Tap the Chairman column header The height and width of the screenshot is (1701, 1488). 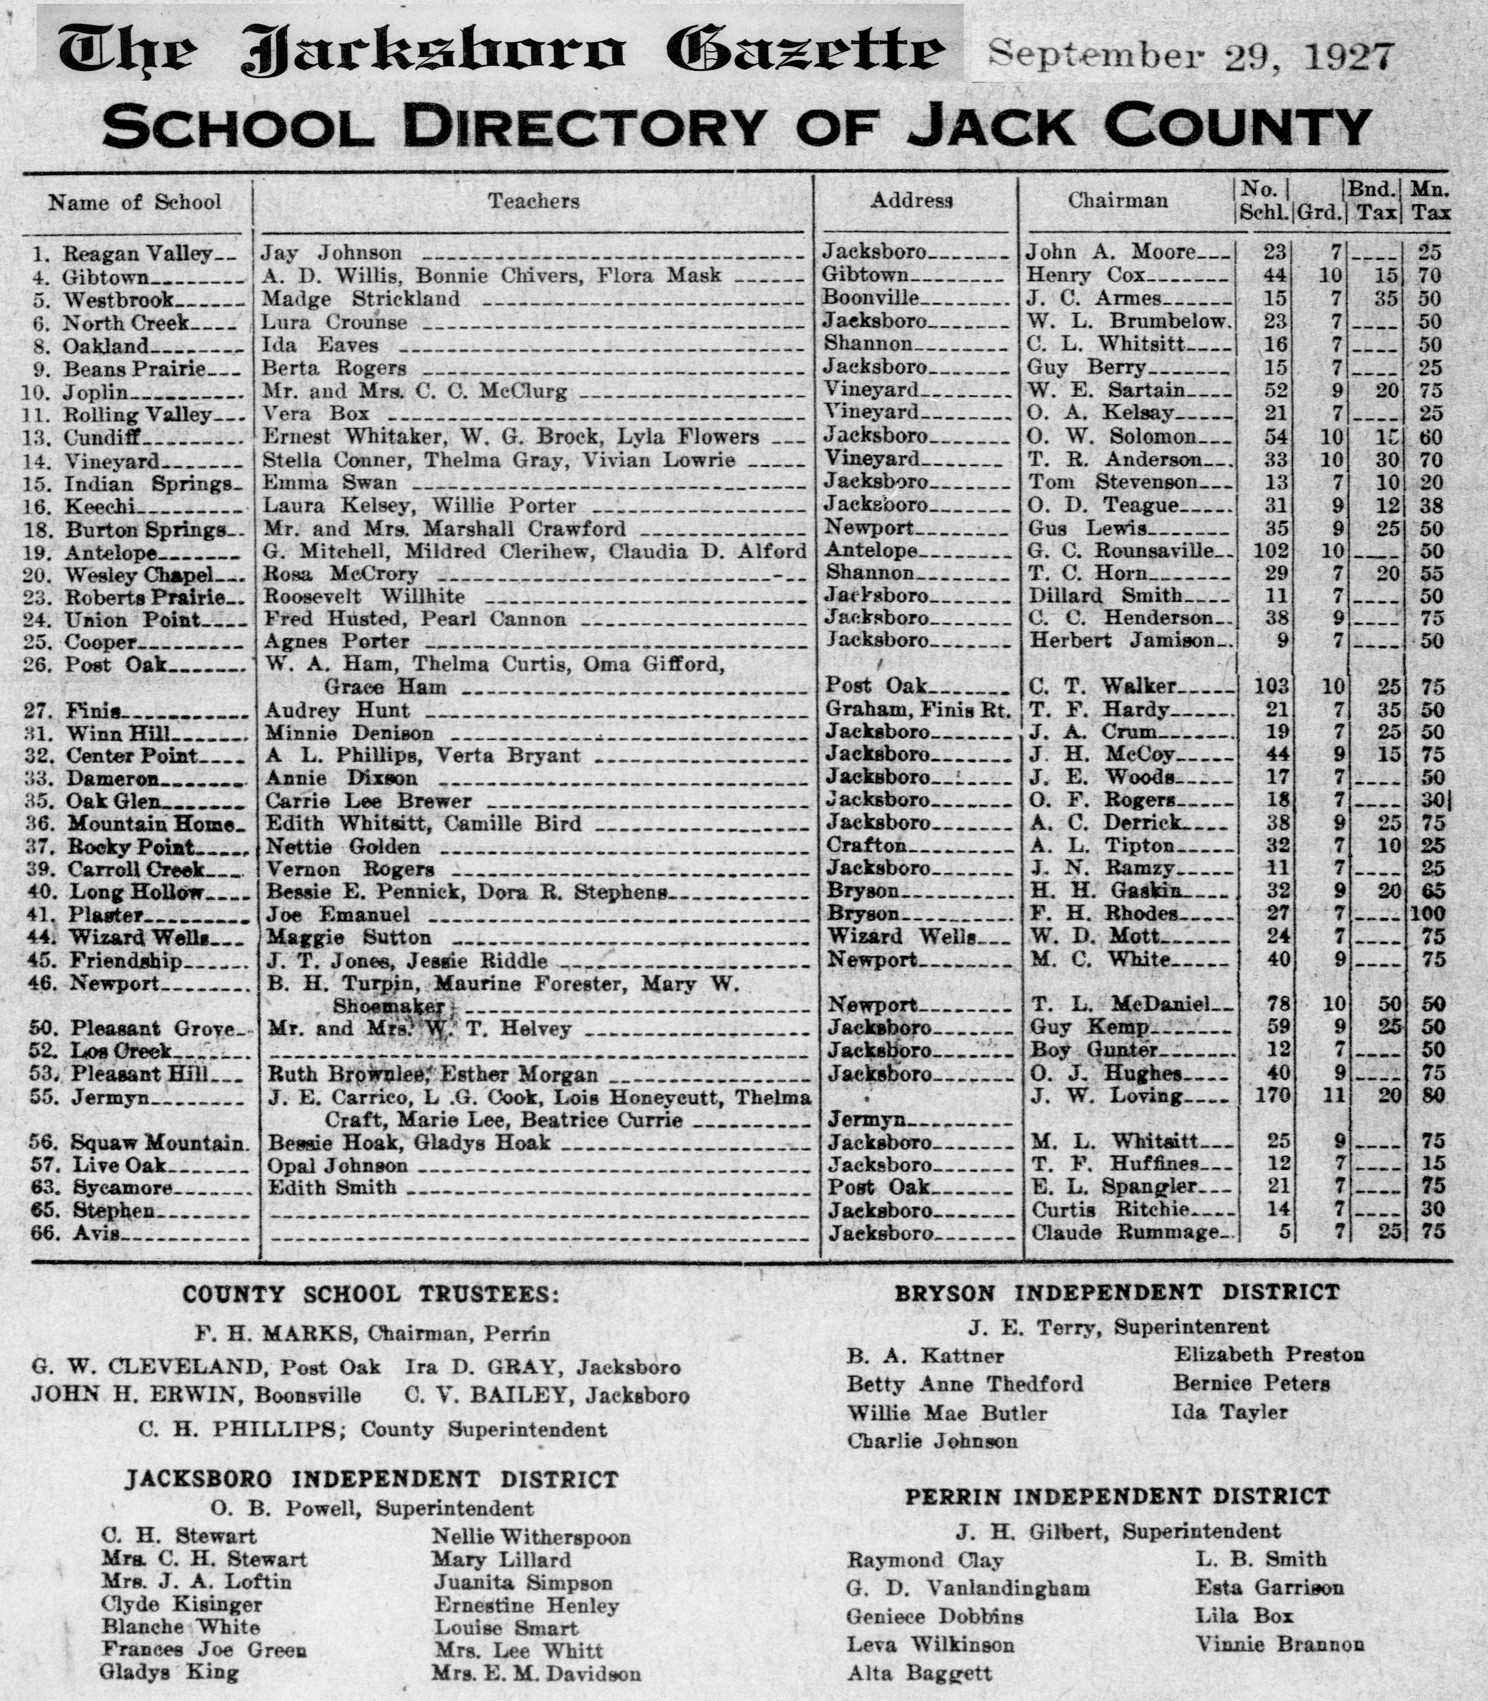click(1118, 200)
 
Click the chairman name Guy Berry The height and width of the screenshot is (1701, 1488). click(1087, 367)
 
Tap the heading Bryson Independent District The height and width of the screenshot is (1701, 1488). click(1117, 1293)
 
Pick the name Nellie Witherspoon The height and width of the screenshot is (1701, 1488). click(531, 1537)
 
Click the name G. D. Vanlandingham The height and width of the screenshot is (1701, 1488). click(967, 1588)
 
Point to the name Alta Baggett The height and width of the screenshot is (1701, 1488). click(919, 1672)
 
